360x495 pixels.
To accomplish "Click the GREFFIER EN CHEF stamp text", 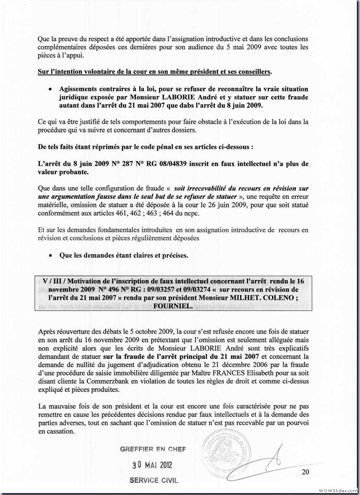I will [x=153, y=449].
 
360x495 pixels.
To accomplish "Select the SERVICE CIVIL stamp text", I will [x=153, y=480].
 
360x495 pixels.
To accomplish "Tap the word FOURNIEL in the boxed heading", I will [x=171, y=304].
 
